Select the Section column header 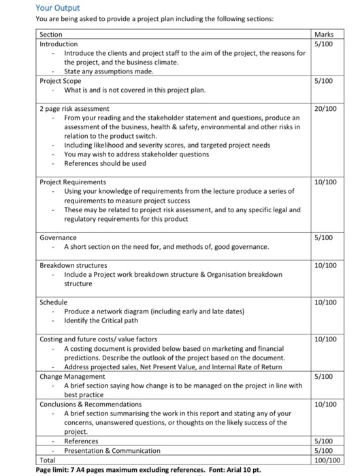51,34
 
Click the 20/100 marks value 326,108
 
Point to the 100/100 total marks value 326,460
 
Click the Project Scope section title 61,81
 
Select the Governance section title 58,237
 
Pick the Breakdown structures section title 73,265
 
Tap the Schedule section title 54,302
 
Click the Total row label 48,460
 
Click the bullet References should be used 105,163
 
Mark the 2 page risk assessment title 74,108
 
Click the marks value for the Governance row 326,237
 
